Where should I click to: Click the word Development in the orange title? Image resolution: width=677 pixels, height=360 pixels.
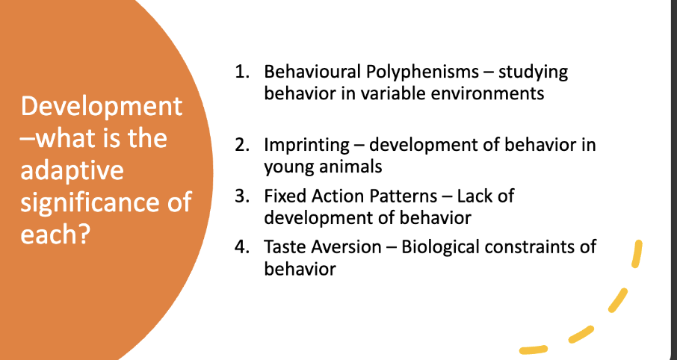pos(102,106)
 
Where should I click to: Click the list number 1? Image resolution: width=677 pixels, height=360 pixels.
pos(241,73)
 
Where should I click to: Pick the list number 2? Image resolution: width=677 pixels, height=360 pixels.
pos(241,145)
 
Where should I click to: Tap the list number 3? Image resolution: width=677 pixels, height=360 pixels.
pos(241,196)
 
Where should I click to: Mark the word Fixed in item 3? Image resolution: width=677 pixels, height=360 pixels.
pos(283,196)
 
